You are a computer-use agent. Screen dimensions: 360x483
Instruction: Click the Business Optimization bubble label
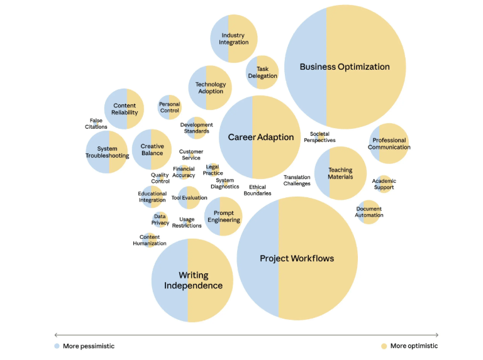(345, 67)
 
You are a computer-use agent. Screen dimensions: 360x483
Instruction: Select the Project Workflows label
(297, 258)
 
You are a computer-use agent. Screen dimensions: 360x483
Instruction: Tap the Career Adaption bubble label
(260, 137)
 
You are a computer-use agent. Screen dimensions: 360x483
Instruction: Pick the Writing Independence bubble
(192, 280)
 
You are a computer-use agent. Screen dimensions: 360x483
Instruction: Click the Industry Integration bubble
(234, 39)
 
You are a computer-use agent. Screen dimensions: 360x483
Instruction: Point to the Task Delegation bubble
(262, 72)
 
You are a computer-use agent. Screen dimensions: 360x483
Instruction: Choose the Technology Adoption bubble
(210, 88)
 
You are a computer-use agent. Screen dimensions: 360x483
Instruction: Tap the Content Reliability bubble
(125, 109)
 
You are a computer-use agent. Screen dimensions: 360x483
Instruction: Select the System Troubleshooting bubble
(108, 152)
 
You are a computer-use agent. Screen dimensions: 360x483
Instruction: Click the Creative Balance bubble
(152, 150)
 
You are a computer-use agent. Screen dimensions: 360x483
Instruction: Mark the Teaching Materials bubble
(340, 173)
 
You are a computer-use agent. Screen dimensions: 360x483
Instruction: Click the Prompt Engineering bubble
(223, 216)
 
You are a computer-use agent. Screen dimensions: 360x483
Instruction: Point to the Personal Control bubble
(169, 107)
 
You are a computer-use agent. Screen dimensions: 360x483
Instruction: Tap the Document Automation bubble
(369, 212)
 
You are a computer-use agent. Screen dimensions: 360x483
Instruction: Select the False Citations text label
(96, 123)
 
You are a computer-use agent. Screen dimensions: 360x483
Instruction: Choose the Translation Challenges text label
(297, 180)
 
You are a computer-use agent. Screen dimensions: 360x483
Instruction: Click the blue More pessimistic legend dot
(57, 346)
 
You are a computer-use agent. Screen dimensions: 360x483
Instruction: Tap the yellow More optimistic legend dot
(384, 346)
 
